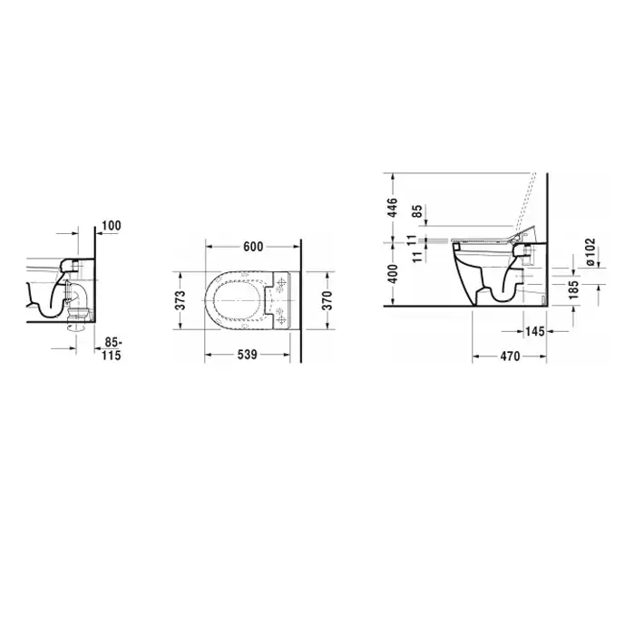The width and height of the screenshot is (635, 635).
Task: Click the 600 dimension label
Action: tap(253, 247)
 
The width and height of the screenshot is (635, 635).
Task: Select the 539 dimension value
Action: tap(247, 355)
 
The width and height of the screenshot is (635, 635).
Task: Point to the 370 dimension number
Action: tap(327, 300)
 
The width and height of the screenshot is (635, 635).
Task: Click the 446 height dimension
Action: tap(392, 208)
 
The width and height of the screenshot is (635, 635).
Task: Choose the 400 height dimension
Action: tap(392, 273)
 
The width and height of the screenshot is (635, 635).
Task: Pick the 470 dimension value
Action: tap(510, 357)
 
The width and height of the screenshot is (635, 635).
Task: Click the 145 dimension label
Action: tap(535, 331)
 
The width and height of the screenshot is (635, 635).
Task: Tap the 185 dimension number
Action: tap(574, 289)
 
